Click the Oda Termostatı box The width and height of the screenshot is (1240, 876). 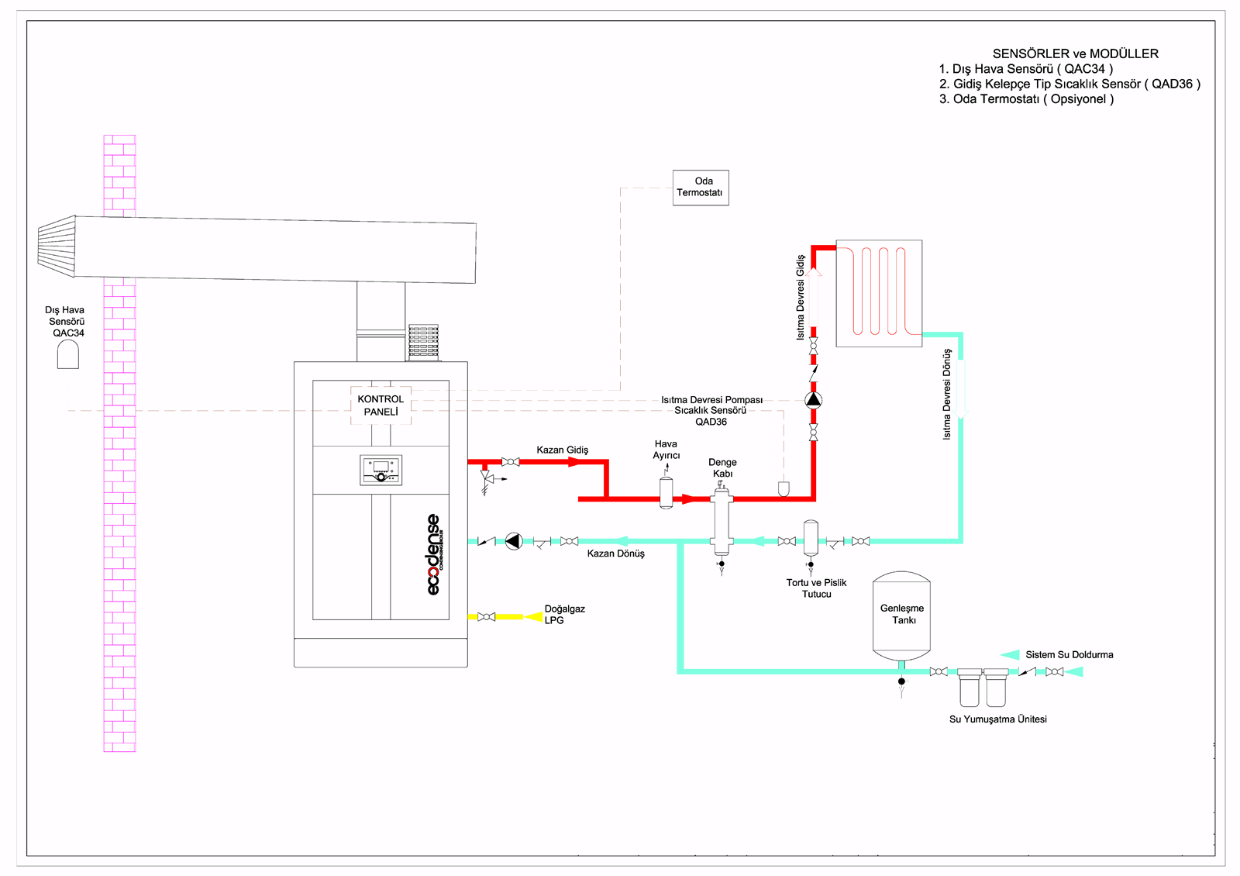point(701,188)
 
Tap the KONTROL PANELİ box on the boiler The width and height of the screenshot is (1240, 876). point(381,405)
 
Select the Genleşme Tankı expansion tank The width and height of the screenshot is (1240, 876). point(901,616)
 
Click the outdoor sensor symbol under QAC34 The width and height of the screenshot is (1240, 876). point(68,355)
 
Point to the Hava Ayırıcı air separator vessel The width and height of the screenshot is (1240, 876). point(666,492)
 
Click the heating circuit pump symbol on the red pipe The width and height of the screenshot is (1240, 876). point(813,400)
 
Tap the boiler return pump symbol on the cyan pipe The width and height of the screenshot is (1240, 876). point(514,541)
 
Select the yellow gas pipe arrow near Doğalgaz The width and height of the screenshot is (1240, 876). point(533,617)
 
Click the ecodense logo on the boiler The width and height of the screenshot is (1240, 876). point(434,554)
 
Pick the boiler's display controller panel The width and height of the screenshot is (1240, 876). point(381,470)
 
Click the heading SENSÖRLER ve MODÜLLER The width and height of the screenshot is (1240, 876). point(1075,53)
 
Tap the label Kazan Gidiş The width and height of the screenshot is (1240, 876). point(562,450)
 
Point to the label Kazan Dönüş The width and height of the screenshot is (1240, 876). point(615,554)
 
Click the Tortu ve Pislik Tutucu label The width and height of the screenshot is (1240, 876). point(816,588)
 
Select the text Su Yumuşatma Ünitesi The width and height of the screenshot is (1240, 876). point(997,719)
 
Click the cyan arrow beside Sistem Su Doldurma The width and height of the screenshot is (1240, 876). point(1010,655)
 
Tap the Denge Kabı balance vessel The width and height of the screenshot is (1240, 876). point(722,522)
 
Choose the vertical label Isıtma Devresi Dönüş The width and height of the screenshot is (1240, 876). point(946,394)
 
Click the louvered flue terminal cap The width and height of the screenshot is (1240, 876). point(57,247)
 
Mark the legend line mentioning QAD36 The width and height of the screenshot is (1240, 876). point(1069,84)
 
